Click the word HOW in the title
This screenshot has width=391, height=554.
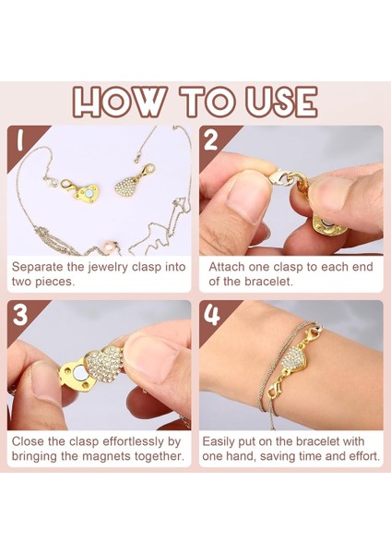(120, 102)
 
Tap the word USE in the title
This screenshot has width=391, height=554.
(281, 102)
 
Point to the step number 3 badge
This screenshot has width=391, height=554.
(20, 315)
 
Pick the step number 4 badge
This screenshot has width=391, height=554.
(212, 315)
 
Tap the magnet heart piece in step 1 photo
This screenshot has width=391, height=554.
(88, 194)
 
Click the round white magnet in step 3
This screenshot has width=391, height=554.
(79, 373)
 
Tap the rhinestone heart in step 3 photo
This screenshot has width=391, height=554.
(105, 364)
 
